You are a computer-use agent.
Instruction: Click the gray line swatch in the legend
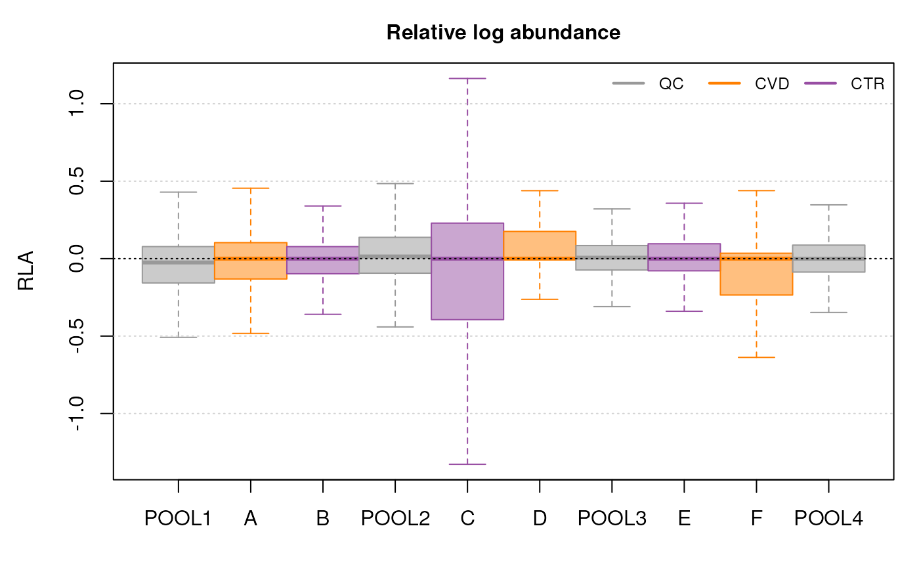628,83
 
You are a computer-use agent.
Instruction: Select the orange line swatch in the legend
724,83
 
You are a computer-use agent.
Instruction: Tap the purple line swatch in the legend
821,83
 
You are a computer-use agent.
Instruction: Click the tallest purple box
467,271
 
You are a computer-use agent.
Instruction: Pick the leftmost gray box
178,265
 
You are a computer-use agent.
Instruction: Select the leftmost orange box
250,261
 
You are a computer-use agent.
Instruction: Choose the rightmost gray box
828,259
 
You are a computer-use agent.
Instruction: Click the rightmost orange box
756,274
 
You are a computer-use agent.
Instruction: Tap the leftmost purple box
322,260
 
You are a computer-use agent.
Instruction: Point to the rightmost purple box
684,257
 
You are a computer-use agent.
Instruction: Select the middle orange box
540,245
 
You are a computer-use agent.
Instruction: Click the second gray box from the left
395,255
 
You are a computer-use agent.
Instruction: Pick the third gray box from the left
611,257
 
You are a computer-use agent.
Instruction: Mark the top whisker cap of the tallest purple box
467,78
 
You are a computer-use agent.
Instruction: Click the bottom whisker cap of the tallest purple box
467,464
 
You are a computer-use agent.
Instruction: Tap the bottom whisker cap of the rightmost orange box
756,357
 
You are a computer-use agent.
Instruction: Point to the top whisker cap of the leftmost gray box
178,192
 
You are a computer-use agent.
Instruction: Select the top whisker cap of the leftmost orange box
250,188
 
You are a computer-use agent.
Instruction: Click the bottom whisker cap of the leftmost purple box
322,314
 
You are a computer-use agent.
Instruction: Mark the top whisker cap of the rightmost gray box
828,204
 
